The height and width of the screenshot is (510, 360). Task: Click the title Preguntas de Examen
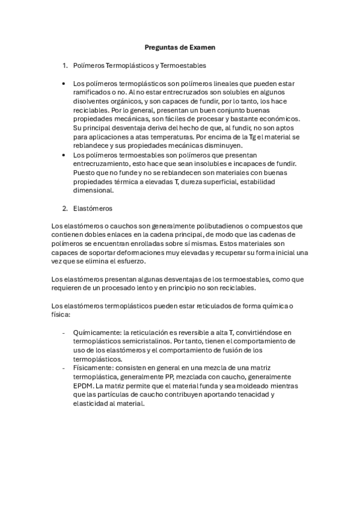[180, 46]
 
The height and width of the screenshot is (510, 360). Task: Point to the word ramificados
[94, 93]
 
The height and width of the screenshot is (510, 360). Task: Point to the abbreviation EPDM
[84, 386]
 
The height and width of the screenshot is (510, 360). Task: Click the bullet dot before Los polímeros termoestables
[64, 155]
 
